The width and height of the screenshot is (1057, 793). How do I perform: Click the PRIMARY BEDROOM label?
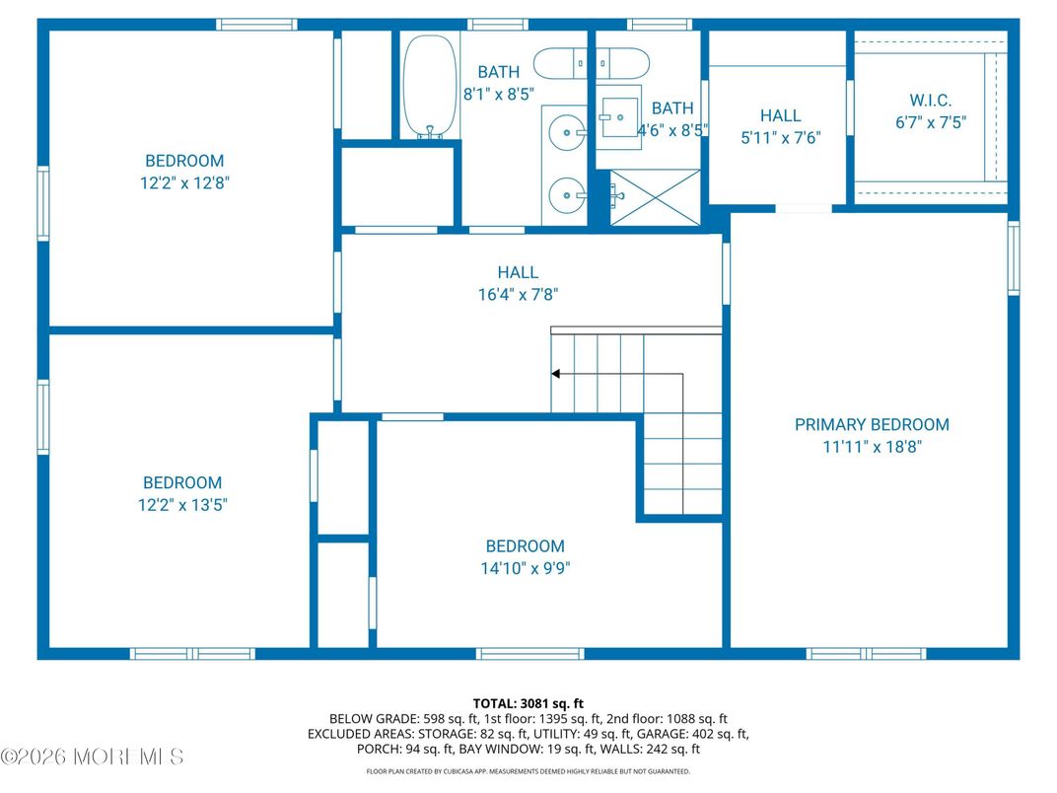872,425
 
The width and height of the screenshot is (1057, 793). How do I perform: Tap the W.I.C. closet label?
930,101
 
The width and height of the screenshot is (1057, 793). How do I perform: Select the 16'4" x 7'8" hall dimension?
518,295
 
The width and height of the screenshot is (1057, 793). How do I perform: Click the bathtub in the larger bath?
430,87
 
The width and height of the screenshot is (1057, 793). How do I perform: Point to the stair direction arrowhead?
555,374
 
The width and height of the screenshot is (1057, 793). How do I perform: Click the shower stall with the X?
656,197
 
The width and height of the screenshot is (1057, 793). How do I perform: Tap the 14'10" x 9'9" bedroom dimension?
526,568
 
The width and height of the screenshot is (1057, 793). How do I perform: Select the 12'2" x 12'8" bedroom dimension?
184,182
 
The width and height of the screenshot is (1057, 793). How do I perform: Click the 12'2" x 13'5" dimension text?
182,505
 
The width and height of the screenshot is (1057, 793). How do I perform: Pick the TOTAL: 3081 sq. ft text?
528,704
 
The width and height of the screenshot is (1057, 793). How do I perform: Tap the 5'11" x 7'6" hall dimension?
781,138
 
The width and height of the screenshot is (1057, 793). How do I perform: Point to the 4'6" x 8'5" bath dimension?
672,131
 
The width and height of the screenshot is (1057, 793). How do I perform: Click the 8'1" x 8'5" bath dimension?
499,95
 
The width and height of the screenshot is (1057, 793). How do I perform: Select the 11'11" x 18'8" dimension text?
872,447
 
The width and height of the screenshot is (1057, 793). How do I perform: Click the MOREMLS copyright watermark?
93,757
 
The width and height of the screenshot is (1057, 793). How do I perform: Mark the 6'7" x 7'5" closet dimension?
931,122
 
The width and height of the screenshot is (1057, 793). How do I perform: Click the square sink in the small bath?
619,117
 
